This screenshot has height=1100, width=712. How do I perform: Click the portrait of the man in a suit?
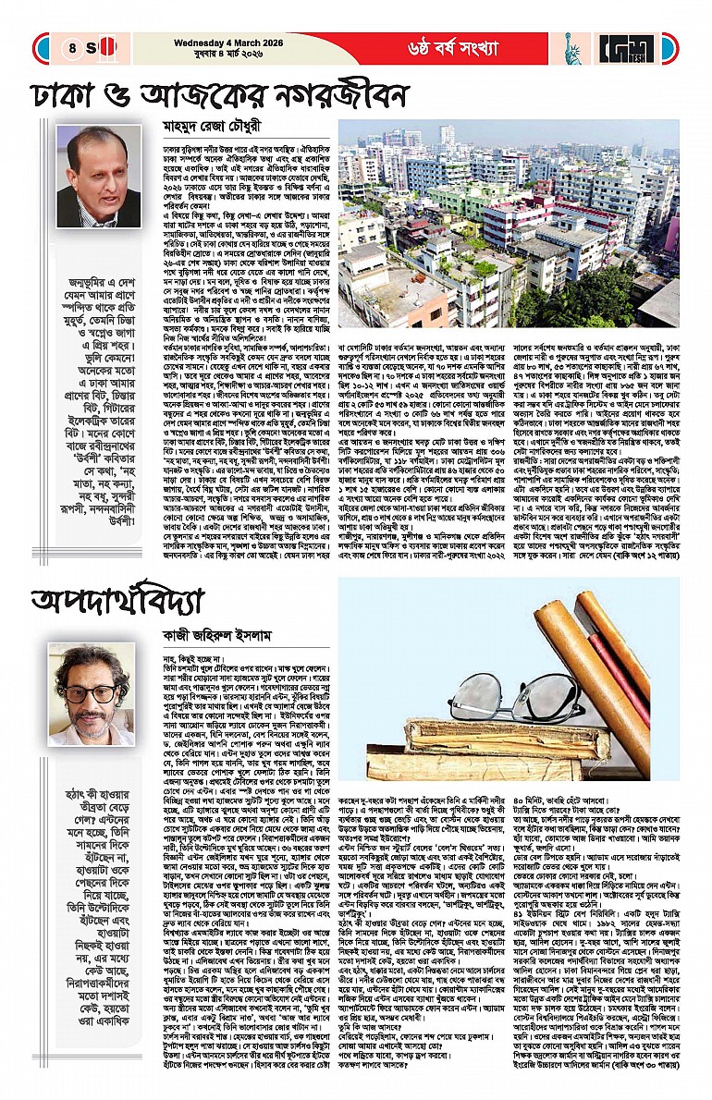[x=99, y=177]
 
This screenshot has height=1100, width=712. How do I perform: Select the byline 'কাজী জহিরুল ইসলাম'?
[x=220, y=631]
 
